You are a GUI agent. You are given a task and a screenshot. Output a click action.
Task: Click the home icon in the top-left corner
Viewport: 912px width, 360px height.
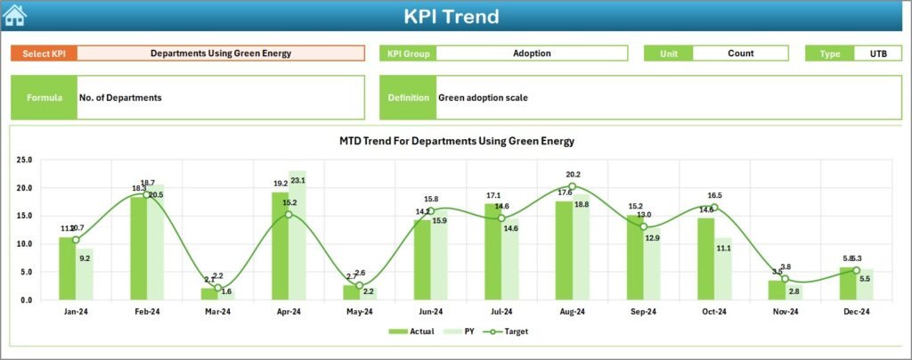click(x=15, y=15)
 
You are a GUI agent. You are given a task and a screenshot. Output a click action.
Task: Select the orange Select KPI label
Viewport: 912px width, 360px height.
click(x=44, y=53)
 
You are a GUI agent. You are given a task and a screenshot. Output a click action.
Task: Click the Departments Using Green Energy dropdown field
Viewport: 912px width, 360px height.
click(x=220, y=53)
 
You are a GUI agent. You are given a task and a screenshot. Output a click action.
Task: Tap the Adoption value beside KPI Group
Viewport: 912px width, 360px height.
click(x=532, y=53)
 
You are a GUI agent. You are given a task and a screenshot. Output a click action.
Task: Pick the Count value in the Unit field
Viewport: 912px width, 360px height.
click(x=740, y=53)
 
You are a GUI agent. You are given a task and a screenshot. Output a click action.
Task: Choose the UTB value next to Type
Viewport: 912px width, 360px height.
click(x=877, y=53)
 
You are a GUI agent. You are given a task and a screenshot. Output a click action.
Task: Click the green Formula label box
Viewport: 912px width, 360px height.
click(x=44, y=97)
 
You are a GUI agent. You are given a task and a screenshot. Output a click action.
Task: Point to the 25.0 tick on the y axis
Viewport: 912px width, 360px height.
click(x=24, y=160)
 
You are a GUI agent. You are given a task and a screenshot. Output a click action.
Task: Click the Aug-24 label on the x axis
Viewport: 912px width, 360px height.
click(x=572, y=312)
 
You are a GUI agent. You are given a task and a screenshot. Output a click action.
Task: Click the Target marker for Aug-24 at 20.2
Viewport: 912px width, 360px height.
click(x=572, y=186)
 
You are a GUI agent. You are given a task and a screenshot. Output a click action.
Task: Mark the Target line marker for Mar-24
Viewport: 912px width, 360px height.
click(x=217, y=288)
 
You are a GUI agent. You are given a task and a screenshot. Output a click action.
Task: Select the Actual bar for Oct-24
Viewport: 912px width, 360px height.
click(x=705, y=258)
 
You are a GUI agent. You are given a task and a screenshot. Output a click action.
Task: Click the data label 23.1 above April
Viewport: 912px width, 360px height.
click(x=298, y=181)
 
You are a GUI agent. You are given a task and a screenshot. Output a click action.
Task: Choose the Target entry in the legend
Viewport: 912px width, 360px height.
click(x=508, y=331)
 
